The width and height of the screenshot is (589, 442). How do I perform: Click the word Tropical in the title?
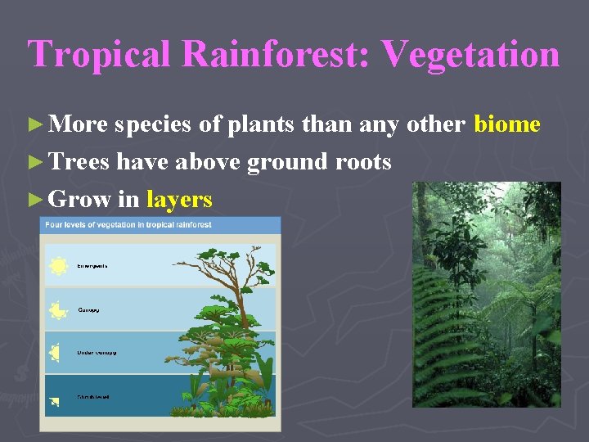point(101,55)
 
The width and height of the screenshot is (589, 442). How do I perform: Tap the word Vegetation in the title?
point(470,55)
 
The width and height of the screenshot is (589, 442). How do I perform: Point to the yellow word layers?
point(179,199)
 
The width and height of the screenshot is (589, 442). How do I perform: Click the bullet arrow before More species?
point(34,125)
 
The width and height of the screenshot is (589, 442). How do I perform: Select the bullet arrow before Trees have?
point(34,163)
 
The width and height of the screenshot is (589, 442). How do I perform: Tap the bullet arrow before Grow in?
point(34,200)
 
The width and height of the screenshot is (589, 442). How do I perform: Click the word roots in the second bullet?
point(363,162)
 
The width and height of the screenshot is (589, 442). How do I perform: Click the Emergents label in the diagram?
point(92,266)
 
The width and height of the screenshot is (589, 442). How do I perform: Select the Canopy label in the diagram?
point(88,310)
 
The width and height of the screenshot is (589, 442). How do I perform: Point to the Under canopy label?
point(97,353)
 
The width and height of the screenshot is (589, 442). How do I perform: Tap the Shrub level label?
point(93,397)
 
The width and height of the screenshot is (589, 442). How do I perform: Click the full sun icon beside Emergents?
point(58,266)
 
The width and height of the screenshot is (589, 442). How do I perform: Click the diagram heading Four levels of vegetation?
point(128,225)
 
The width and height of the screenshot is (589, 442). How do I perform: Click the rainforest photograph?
point(486,295)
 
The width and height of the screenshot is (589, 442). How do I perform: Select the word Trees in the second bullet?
point(80,162)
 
